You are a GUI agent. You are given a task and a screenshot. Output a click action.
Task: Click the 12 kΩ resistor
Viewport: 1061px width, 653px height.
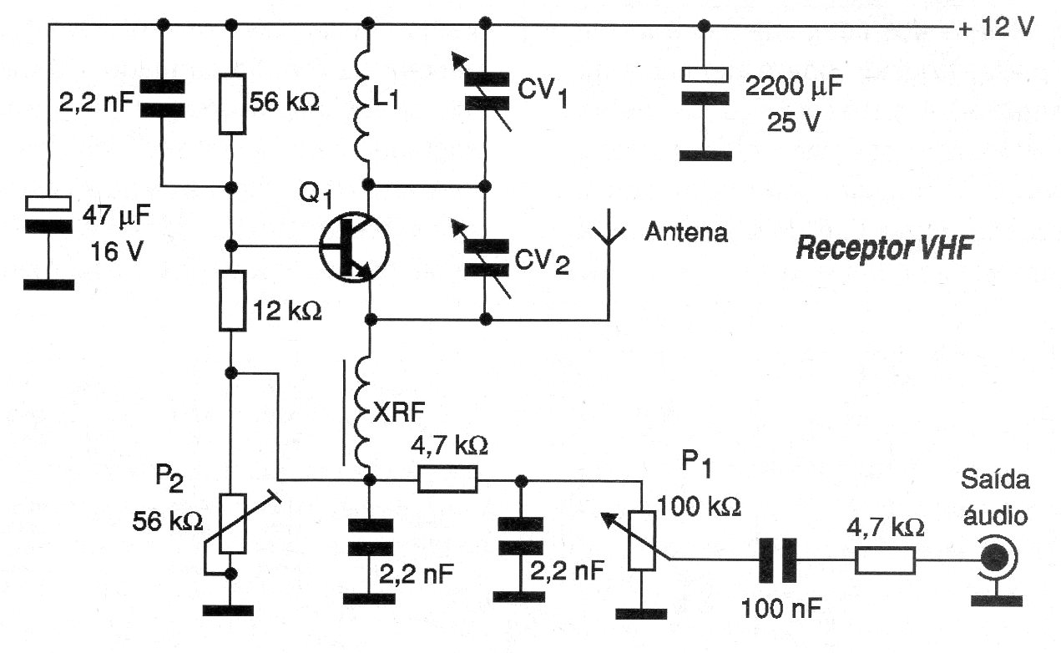(233, 299)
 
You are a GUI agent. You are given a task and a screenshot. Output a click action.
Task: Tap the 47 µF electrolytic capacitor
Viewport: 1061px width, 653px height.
(48, 214)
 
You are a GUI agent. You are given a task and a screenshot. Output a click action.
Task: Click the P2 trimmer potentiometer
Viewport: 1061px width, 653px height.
(233, 524)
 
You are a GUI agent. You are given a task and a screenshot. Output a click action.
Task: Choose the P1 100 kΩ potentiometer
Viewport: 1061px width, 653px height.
(641, 539)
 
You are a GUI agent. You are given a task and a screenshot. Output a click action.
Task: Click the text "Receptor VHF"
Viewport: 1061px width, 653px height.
(885, 249)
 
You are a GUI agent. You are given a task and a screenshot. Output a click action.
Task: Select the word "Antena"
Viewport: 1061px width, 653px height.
(685, 232)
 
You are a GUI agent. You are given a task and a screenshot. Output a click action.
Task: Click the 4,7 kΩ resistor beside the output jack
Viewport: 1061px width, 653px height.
(885, 560)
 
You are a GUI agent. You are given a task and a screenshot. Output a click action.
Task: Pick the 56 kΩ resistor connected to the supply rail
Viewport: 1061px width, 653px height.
(233, 104)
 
